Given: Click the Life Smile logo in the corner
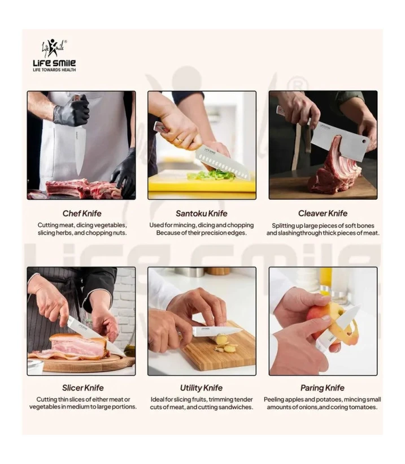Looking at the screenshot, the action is tap(54, 55).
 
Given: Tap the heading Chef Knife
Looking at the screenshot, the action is tap(82, 213).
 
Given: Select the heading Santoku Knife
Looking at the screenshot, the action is tap(202, 213).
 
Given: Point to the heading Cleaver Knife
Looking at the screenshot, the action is tap(323, 213).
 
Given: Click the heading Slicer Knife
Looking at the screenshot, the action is tap(82, 388).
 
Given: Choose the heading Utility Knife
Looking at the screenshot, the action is tap(202, 388).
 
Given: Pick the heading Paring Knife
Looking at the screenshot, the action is tap(323, 388).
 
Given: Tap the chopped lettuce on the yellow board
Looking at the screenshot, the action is tap(211, 175).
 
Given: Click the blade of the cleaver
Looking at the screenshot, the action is tap(339, 140).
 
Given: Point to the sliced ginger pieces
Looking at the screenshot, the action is tap(224, 343).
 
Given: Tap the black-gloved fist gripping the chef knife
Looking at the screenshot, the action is tap(72, 111).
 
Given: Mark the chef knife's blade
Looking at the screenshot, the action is tap(80, 149).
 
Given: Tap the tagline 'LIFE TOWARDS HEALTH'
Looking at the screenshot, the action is tap(54, 70).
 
